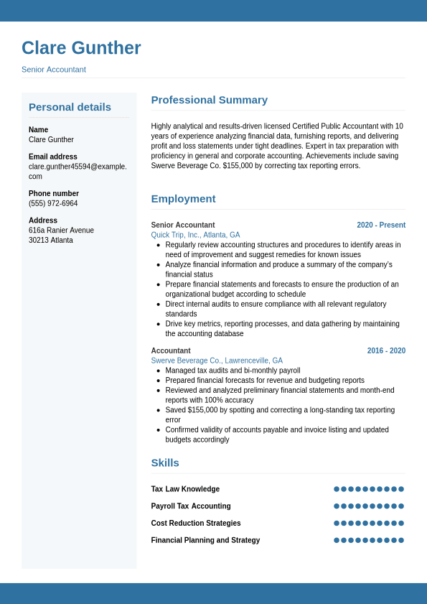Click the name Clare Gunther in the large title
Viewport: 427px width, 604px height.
(81, 48)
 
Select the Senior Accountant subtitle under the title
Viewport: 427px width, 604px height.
(54, 70)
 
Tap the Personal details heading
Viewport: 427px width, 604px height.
(70, 107)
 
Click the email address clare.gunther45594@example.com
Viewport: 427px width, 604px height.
(78, 167)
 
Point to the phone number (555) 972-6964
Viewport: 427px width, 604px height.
(53, 203)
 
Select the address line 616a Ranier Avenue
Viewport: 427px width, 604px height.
(61, 231)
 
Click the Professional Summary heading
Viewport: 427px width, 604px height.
(209, 100)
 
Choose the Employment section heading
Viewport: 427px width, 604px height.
(183, 199)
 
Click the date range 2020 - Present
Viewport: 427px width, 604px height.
(381, 225)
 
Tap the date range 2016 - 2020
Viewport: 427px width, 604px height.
(386, 350)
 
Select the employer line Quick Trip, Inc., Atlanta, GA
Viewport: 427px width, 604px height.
(195, 235)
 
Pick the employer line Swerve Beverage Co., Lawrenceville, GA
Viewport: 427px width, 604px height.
(217, 361)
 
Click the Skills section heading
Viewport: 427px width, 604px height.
(165, 463)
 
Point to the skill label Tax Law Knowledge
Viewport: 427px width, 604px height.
(185, 489)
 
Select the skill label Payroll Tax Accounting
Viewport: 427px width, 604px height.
(191, 506)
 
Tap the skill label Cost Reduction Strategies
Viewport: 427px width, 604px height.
(196, 524)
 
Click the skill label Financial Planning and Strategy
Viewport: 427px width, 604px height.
(205, 540)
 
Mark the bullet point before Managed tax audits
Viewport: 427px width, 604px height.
(158, 371)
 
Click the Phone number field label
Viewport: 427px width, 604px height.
(54, 193)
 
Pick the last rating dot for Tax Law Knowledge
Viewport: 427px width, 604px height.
(401, 489)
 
